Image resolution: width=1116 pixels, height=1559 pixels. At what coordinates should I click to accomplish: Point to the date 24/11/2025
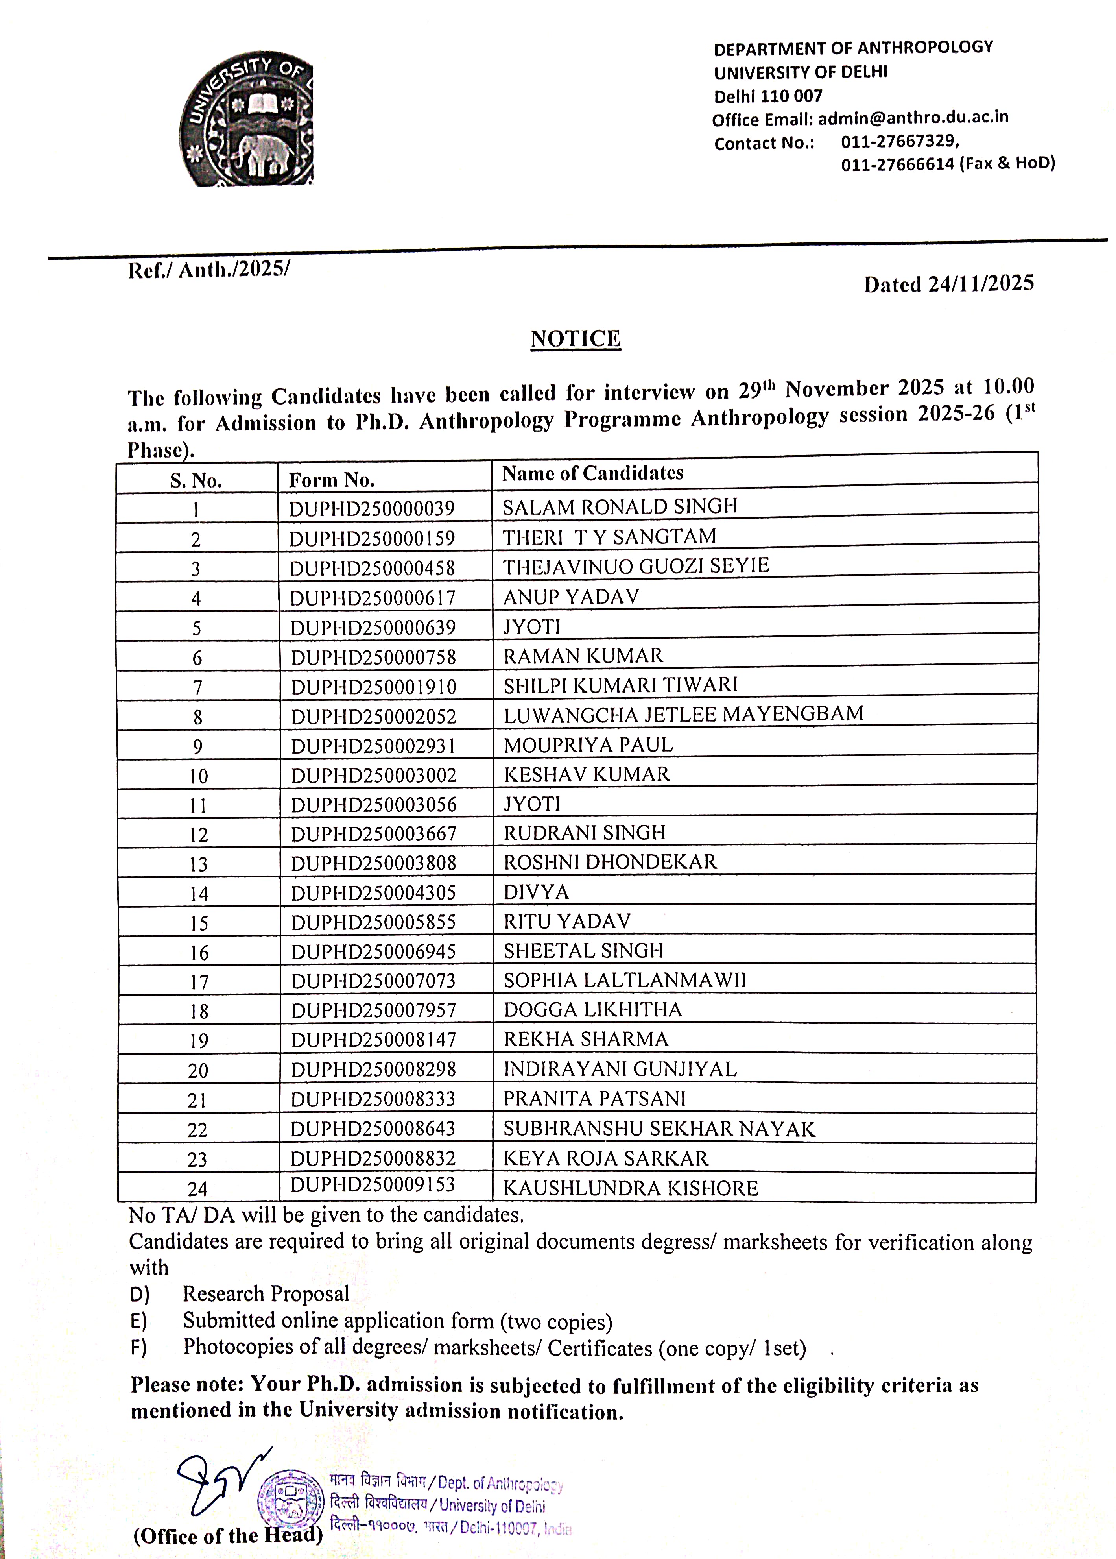pos(981,284)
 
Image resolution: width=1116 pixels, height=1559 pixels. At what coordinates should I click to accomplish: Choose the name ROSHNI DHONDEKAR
pos(610,862)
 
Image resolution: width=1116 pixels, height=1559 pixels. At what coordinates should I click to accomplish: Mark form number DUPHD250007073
pos(373,981)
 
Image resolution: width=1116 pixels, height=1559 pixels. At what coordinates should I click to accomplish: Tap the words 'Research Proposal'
pos(266,1294)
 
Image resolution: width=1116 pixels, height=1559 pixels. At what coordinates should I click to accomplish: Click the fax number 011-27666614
pos(897,164)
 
